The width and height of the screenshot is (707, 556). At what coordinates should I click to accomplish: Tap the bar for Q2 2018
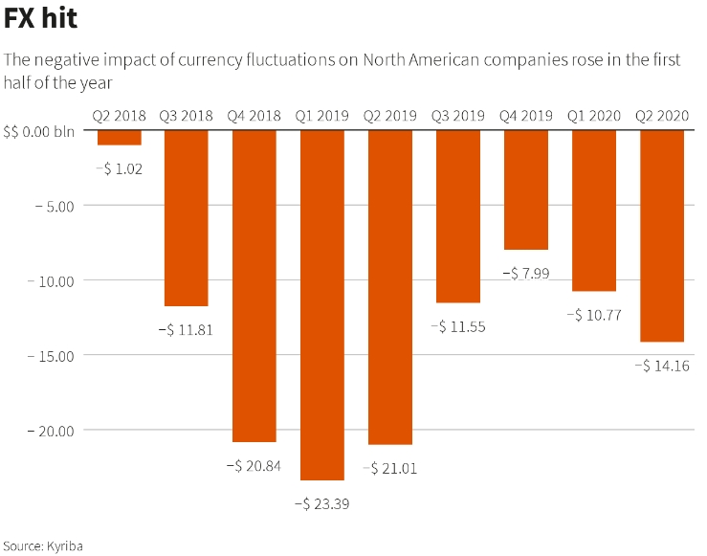119,137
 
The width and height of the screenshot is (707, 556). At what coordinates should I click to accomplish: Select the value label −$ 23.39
322,502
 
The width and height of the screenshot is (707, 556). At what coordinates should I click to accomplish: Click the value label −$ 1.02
119,168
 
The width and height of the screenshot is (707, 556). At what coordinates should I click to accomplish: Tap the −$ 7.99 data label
526,274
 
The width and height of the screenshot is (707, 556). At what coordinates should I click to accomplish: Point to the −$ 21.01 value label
390,469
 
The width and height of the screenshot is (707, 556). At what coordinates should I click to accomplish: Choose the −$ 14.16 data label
662,366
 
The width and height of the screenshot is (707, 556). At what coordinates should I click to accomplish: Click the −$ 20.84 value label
254,466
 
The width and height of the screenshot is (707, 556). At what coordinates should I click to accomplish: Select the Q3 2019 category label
458,115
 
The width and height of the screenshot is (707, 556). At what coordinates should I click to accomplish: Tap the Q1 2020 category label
594,115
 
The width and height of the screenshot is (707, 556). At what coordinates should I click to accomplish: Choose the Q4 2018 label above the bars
254,115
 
